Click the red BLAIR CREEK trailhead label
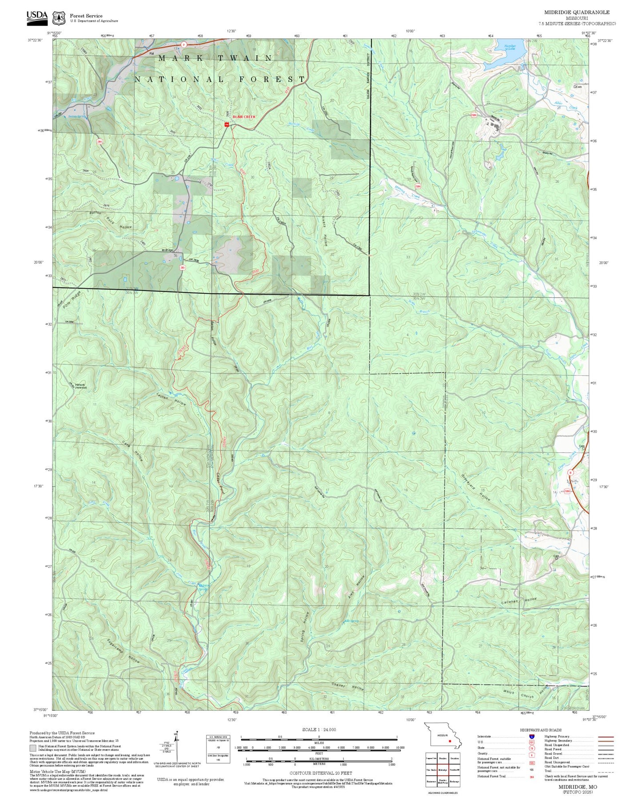[244, 117]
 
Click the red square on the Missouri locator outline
[451, 741]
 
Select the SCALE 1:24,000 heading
[319, 729]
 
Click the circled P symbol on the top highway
[183, 44]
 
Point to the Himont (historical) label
[80, 386]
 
